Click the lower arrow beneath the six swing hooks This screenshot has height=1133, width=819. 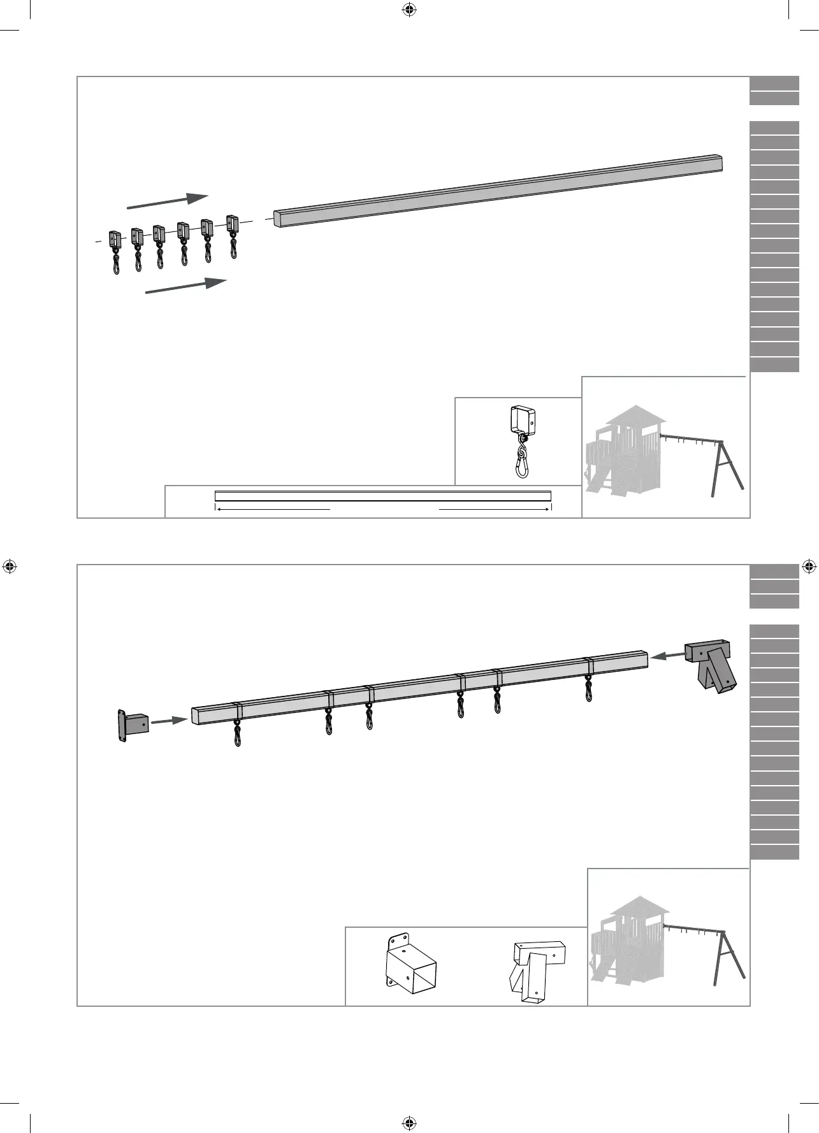click(x=186, y=286)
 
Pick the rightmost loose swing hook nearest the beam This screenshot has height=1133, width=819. click(x=233, y=236)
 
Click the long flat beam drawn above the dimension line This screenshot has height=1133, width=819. click(x=382, y=495)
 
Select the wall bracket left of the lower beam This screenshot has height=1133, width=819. click(x=132, y=726)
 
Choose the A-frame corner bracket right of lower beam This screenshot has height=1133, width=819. click(x=712, y=666)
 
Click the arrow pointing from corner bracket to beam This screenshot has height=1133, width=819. click(x=667, y=654)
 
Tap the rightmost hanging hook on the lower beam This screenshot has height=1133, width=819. click(x=589, y=688)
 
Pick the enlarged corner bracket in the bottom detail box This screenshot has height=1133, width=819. click(x=537, y=972)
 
